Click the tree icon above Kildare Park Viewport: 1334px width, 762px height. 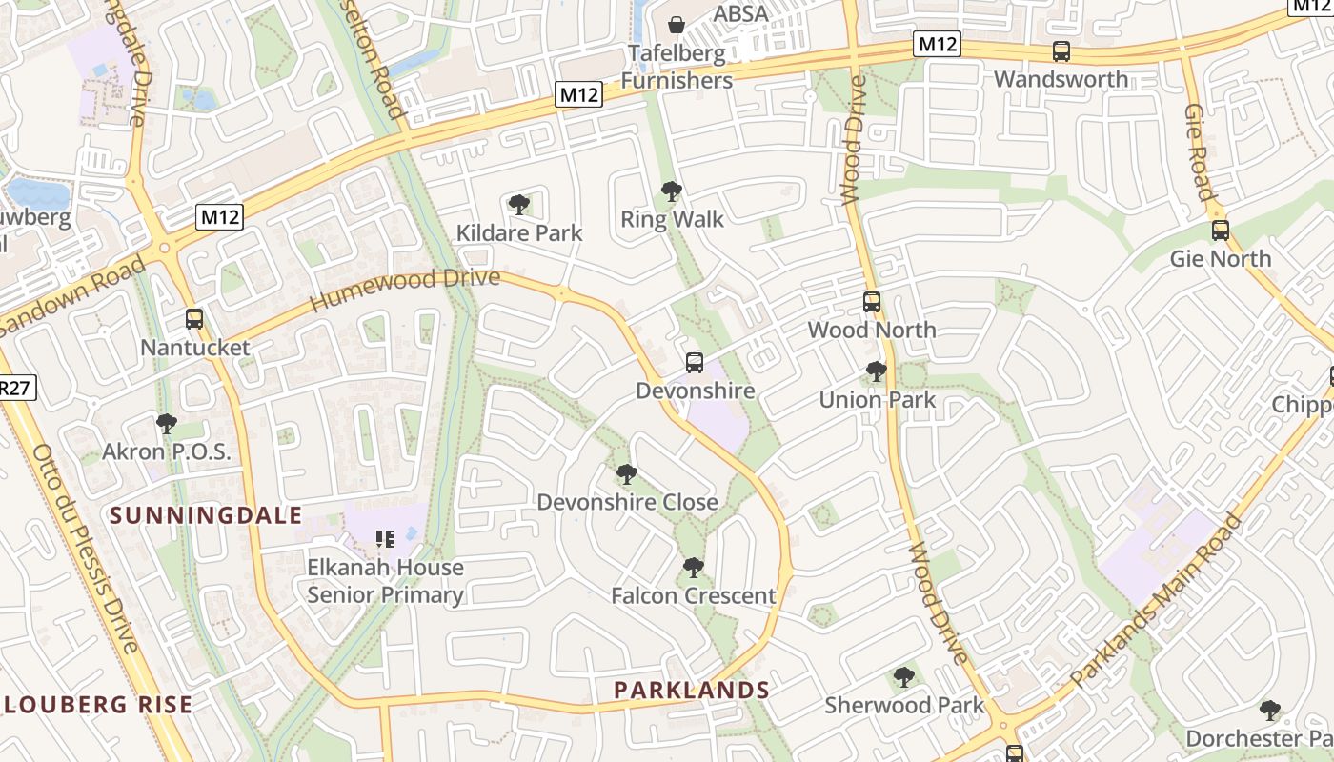tap(519, 204)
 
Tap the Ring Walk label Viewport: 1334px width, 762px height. tap(672, 220)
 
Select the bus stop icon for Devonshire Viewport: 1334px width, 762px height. tap(695, 363)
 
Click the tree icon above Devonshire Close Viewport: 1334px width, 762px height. tap(626, 473)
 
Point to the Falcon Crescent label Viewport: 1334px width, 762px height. tap(693, 596)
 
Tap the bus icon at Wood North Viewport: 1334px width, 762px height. tap(871, 302)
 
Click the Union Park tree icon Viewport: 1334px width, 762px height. tap(877, 371)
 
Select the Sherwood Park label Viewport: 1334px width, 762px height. tap(904, 706)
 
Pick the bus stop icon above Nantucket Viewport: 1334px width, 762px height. tap(194, 319)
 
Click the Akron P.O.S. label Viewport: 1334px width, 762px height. tap(167, 451)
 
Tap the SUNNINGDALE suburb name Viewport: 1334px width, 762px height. tap(206, 516)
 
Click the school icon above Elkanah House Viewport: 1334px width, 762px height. tap(385, 539)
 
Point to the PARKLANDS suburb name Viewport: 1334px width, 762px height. tap(692, 690)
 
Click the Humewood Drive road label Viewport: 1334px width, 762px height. tap(405, 290)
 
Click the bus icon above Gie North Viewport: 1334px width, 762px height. tap(1220, 231)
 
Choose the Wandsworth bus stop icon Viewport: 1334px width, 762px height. tap(1061, 51)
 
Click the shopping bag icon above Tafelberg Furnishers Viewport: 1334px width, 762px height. tap(677, 24)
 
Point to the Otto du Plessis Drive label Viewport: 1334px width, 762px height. tap(85, 547)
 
